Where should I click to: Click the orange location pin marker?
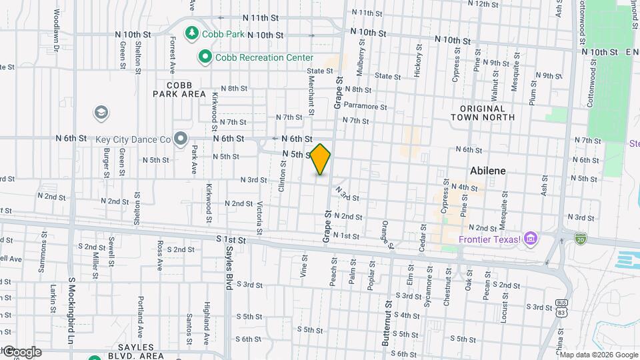[x=321, y=159]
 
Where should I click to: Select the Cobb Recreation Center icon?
[x=205, y=57]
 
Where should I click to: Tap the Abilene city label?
[x=487, y=171]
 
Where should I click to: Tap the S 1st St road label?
[x=231, y=238]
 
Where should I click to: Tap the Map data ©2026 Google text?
[x=597, y=355]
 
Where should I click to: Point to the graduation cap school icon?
[x=101, y=112]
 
